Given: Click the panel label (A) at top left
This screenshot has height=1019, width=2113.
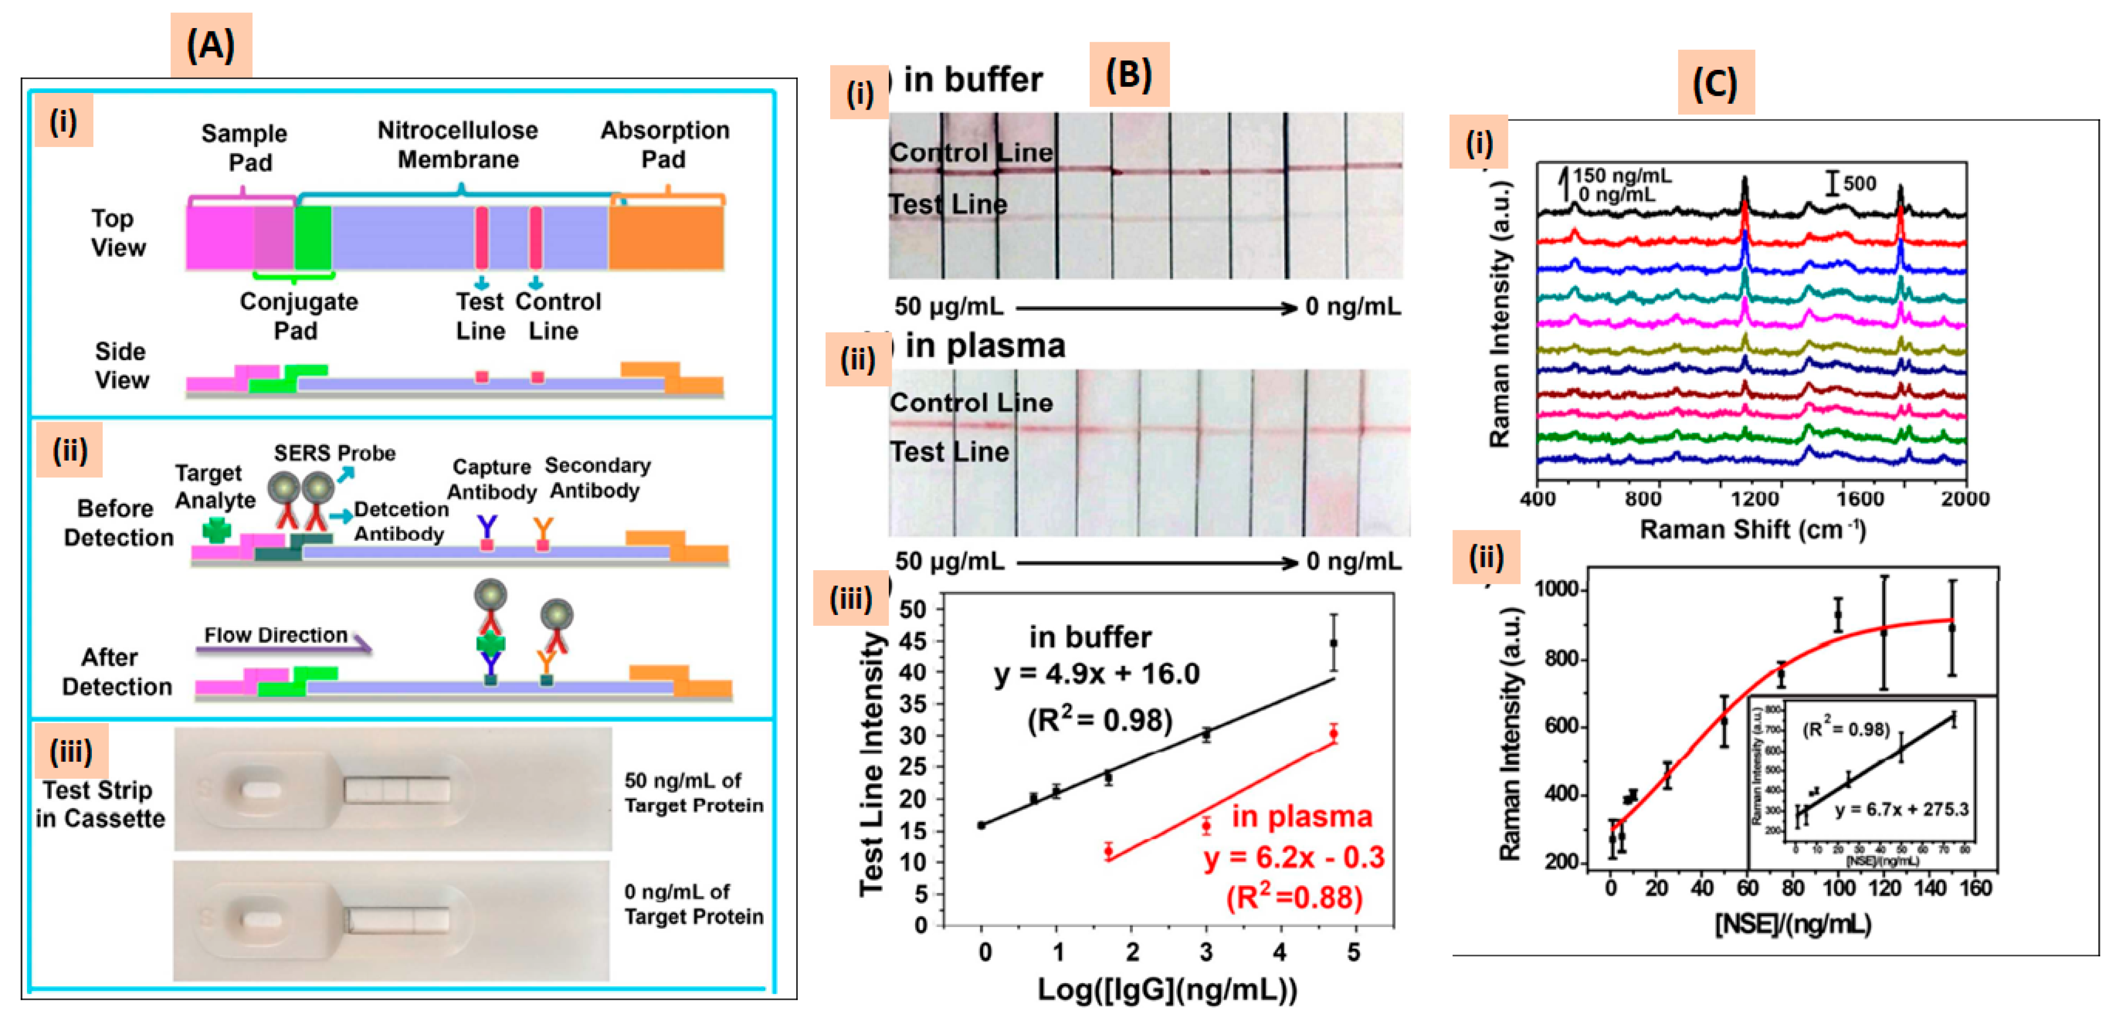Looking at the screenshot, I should pos(211,45).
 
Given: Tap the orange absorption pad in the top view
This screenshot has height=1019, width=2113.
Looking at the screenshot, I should pos(666,238).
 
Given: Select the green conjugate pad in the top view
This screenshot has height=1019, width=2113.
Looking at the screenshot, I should pos(314,238).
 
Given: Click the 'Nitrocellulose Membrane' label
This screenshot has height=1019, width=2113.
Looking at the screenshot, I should pos(458,145).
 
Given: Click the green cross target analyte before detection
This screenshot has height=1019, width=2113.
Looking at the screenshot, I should pos(216,531).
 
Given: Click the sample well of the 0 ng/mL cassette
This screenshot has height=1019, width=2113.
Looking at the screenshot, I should pos(261,921).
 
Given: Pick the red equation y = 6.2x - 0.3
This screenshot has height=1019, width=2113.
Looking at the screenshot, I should pos(1294,857).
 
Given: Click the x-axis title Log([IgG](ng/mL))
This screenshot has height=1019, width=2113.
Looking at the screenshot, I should pos(1167,990).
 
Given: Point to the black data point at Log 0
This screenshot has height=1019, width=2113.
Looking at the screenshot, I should pos(982,825).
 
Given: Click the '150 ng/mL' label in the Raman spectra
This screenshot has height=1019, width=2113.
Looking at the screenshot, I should pos(1621,175).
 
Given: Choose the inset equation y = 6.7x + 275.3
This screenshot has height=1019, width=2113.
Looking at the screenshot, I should pos(1901,810).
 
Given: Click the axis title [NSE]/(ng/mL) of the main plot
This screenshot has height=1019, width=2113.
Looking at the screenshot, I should pos(1793,925).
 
